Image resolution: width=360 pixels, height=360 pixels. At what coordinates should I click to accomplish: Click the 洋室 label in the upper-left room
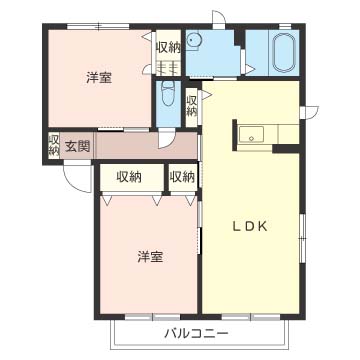98,77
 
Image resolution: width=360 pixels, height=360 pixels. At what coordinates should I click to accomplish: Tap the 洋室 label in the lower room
150,256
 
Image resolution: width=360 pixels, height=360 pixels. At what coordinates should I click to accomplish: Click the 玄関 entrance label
78,146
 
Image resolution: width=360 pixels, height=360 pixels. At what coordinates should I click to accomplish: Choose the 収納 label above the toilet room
167,47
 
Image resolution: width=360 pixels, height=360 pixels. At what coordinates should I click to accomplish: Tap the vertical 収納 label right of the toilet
191,104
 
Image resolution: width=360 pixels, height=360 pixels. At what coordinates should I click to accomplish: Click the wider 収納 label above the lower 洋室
128,177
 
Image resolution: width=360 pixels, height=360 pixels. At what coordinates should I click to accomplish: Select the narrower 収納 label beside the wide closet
181,177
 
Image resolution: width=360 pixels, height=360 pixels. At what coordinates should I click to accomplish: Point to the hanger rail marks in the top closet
167,68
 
